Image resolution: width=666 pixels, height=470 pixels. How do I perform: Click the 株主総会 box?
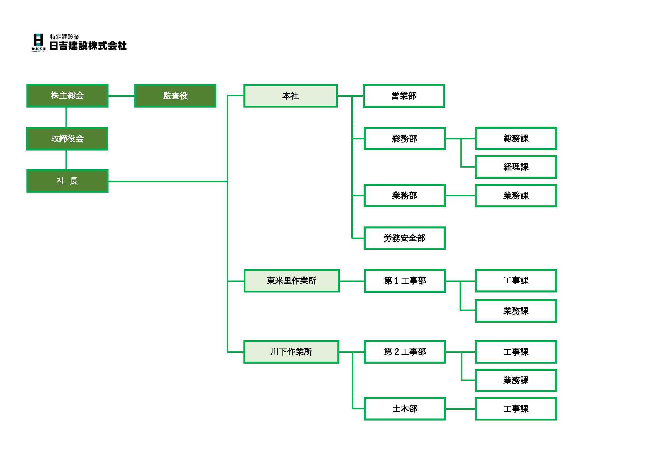(67, 96)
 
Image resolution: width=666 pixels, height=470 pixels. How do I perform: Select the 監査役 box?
(175, 96)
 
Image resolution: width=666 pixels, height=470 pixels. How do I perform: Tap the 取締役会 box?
(67, 139)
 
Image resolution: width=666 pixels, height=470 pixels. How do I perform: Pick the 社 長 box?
(67, 181)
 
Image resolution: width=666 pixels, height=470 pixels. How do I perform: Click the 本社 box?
(290, 96)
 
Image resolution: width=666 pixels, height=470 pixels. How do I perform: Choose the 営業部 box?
(403, 96)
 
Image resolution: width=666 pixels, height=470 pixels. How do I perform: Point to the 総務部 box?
(404, 139)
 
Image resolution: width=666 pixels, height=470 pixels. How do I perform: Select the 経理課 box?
(516, 167)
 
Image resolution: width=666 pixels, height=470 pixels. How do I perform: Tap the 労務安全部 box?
(404, 238)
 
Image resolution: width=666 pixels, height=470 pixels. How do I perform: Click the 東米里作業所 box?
(292, 281)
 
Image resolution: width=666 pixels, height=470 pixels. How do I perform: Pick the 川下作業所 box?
(291, 352)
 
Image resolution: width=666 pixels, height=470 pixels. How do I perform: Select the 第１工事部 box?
(405, 281)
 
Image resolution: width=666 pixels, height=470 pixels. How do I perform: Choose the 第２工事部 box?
(405, 352)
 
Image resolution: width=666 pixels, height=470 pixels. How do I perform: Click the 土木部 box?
(405, 409)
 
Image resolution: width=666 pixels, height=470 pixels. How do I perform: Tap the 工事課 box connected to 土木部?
(516, 409)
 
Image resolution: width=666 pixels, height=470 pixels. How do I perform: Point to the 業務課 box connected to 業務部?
(516, 195)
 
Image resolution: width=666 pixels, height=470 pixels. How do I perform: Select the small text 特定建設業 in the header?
(65, 37)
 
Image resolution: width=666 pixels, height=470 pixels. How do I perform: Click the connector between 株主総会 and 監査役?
(122, 96)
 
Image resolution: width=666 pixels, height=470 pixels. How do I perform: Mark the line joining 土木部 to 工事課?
(460, 409)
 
